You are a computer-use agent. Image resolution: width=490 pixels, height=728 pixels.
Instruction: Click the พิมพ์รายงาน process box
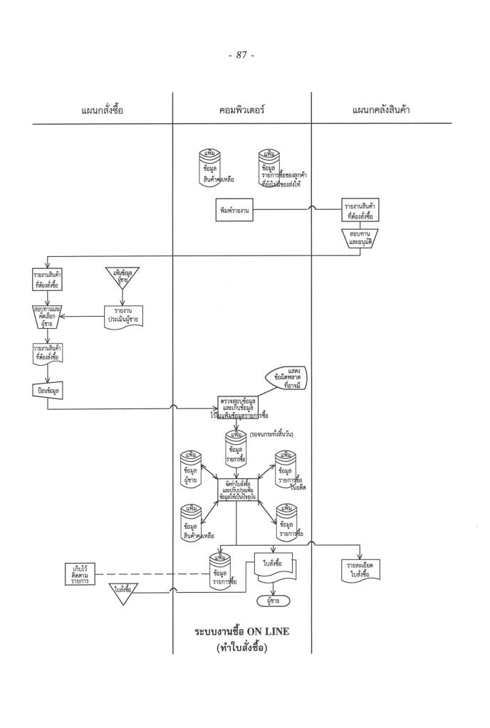pos(236,211)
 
